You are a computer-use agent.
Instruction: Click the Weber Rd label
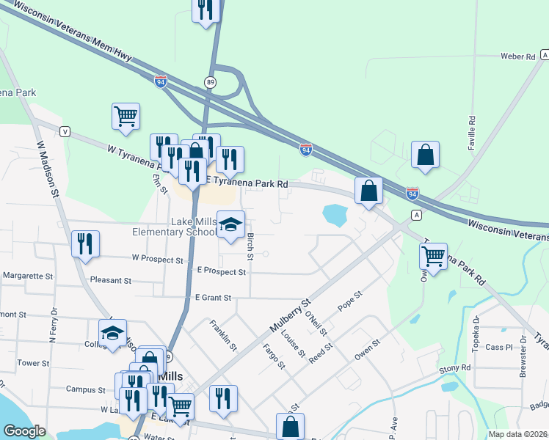click(517, 56)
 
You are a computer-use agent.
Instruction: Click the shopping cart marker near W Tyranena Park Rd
click(126, 116)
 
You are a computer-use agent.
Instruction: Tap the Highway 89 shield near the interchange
click(211, 82)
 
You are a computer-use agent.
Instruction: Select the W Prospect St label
click(157, 260)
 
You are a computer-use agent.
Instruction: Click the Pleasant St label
click(110, 280)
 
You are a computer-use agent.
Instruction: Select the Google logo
click(20, 432)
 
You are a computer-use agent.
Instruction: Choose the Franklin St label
click(223, 334)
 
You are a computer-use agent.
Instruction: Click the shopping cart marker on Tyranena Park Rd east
click(434, 257)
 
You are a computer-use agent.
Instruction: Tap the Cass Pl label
click(495, 347)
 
